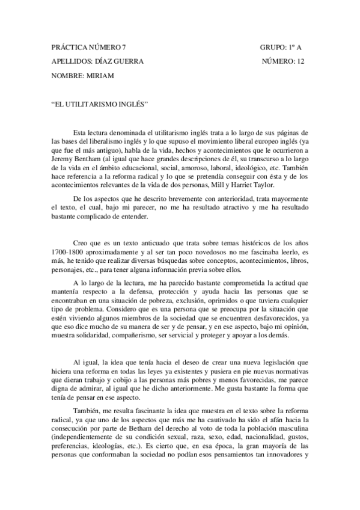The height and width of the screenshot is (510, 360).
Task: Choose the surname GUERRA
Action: tap(127, 61)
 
